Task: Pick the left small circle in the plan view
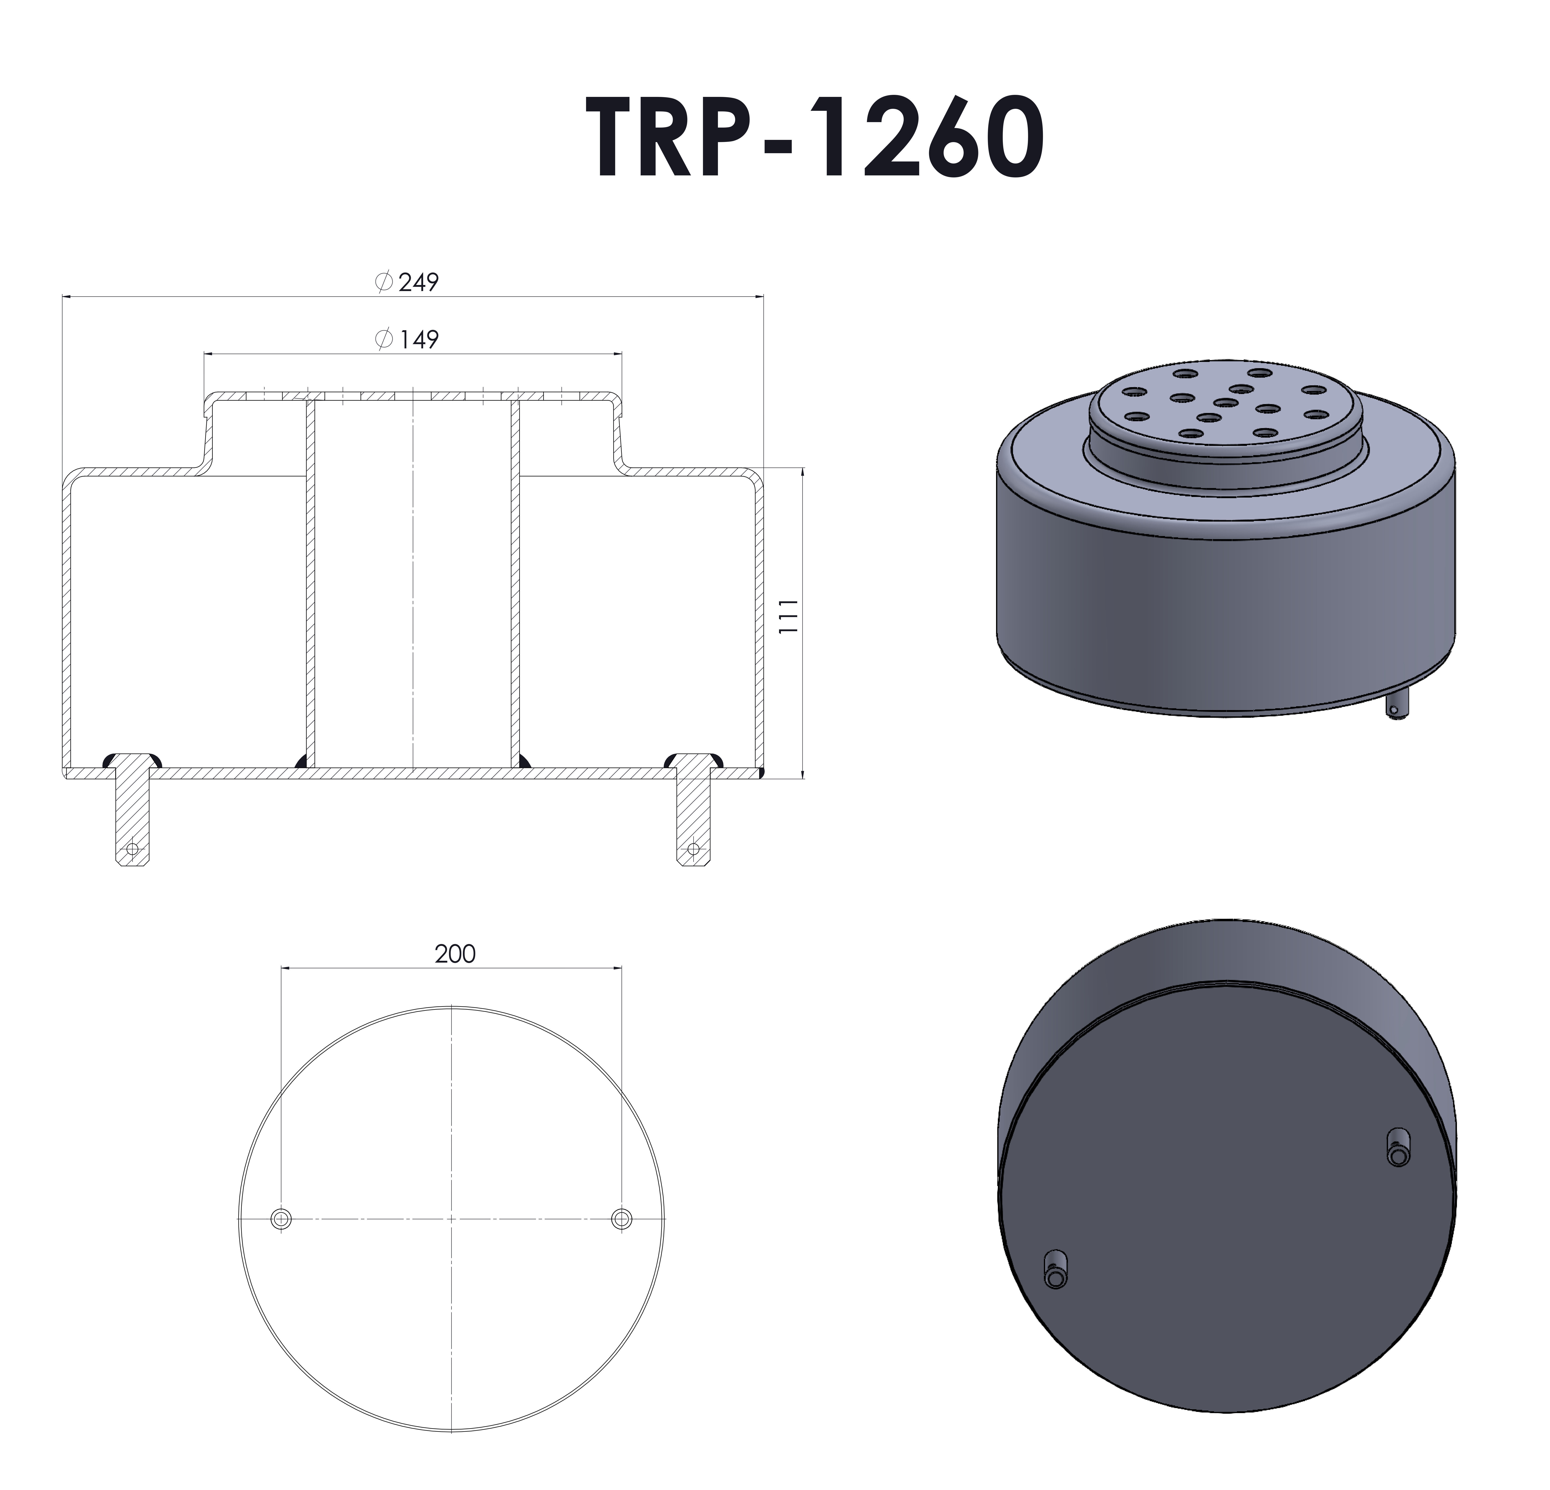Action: [x=281, y=1219]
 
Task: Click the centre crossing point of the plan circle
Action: [x=452, y=1219]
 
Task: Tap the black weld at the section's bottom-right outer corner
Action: [x=761, y=771]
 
